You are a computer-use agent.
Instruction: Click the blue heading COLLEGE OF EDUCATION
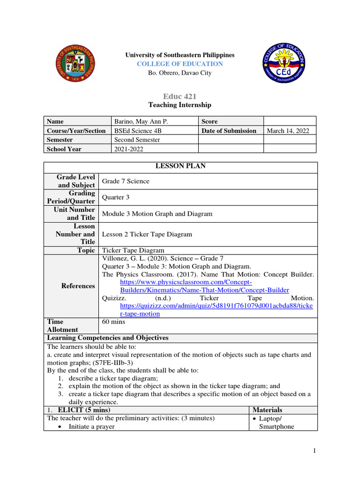coord(180,64)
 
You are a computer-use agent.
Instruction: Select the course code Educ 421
coord(180,96)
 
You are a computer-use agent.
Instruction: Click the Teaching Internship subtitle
coord(180,105)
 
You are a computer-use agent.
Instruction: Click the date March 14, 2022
coord(288,131)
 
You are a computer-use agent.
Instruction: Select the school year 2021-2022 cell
coord(128,149)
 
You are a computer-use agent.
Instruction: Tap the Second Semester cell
coord(137,140)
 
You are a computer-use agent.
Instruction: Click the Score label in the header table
coord(209,121)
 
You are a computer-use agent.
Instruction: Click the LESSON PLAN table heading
coord(180,166)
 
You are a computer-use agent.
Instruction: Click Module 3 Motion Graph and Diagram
coord(157,214)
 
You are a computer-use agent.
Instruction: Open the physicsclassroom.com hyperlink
coord(204,286)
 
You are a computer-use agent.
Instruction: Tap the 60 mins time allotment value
coord(113,322)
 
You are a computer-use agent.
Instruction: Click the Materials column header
coord(267,410)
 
